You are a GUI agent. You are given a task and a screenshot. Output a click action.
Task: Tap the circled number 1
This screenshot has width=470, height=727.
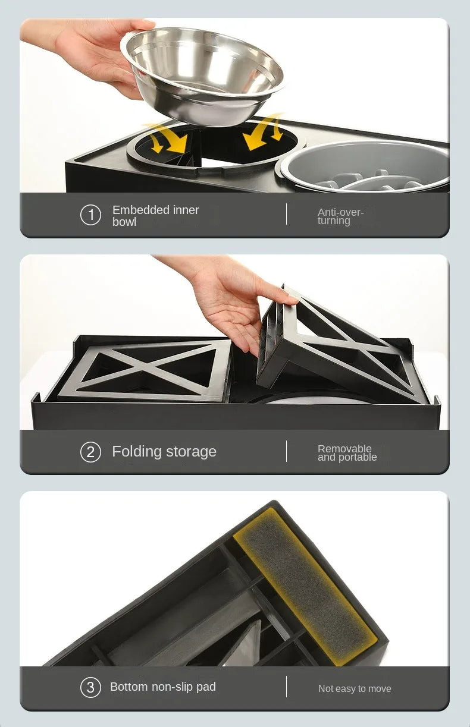click(x=90, y=215)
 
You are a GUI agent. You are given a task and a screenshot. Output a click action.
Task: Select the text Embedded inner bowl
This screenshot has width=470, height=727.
click(x=155, y=216)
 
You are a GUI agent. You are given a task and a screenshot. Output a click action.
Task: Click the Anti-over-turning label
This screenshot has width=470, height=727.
click(x=340, y=216)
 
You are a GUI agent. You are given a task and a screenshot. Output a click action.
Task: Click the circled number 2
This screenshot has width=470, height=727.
click(x=90, y=452)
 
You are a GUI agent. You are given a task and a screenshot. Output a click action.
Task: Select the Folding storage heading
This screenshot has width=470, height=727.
click(x=164, y=452)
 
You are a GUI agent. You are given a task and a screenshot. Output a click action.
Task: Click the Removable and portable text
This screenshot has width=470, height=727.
click(x=347, y=453)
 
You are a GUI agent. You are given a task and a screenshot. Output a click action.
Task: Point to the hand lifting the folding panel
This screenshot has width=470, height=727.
click(x=238, y=303)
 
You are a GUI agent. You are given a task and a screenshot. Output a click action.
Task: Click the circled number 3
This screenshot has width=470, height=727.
click(x=90, y=688)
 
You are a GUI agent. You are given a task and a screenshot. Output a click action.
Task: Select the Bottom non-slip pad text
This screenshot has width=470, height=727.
click(x=162, y=687)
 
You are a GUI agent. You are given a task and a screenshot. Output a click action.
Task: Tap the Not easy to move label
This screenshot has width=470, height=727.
click(x=355, y=688)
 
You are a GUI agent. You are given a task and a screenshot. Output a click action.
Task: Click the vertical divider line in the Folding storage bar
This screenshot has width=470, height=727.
click(x=286, y=451)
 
